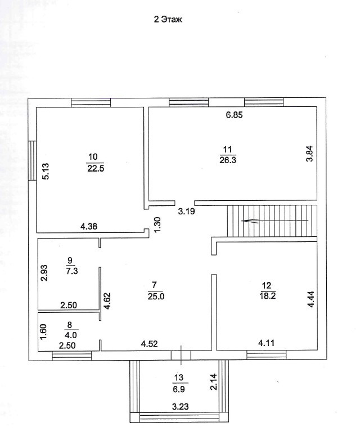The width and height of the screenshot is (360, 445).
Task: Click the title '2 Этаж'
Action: pos(169,19)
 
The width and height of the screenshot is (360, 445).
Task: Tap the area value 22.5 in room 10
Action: pos(93,167)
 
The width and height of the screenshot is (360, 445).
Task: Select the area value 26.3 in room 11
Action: pos(228,159)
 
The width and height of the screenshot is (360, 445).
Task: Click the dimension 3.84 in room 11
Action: pos(309,154)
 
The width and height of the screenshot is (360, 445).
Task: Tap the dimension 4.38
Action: pos(89,226)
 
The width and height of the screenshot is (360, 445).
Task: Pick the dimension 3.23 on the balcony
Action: pos(179,407)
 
